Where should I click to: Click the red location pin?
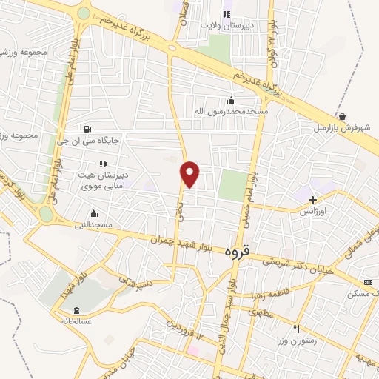[x=190, y=174]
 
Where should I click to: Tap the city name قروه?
[x=258, y=253]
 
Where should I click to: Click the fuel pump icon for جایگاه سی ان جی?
[x=90, y=127]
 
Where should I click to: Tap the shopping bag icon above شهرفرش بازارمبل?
[x=343, y=116]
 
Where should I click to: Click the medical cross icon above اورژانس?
[x=313, y=199]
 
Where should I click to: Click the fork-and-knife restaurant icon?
[x=296, y=329]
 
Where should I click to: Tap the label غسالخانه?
[x=78, y=321]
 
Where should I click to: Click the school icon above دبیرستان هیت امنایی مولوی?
[x=102, y=164]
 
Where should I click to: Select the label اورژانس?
[x=315, y=211]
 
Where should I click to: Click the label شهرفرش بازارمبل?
[x=341, y=127]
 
